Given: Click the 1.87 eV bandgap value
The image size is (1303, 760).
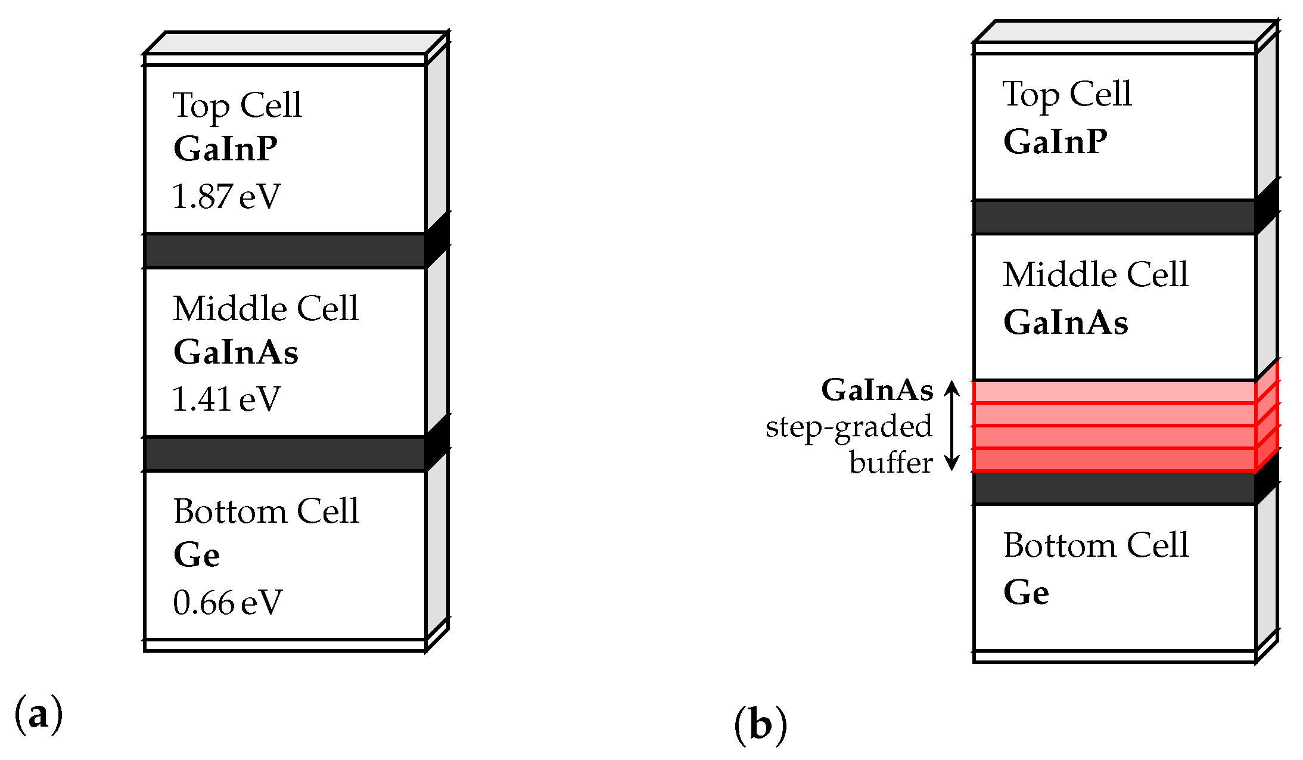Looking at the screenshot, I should point(226,196).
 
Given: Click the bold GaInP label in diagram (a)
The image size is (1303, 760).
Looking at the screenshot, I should point(225,148).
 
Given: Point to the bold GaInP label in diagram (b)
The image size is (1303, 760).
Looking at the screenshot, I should point(1055,142).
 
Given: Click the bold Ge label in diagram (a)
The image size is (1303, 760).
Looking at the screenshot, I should point(197,555).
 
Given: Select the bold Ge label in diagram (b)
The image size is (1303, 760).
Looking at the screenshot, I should point(1026,593).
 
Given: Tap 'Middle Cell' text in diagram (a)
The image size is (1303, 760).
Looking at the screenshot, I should point(266,308).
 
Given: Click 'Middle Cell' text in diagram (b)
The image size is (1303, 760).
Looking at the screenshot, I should point(1095,274).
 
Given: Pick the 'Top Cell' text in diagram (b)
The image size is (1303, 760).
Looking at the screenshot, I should point(1066,94).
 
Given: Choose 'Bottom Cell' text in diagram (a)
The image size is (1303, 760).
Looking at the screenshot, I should point(266,511).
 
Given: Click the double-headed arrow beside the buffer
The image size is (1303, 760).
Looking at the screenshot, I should point(952,426).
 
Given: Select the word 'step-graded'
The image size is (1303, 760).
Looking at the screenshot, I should point(848,427).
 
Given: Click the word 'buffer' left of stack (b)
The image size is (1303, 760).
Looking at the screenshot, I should point(891,463).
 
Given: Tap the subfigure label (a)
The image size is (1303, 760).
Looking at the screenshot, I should point(38,714).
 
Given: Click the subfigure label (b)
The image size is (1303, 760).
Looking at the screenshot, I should point(760,725).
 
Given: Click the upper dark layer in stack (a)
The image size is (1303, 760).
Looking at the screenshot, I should point(285,251).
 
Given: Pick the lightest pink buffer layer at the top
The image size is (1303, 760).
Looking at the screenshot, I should point(1114,392).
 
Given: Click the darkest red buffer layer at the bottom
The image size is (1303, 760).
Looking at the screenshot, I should point(1114,460).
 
